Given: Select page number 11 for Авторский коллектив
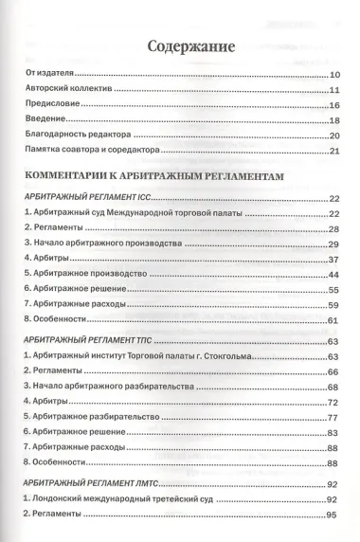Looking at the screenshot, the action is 333,90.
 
